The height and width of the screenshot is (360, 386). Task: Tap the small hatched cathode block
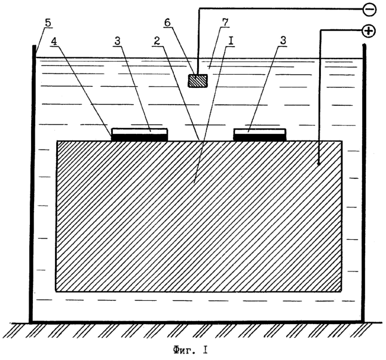[x=197, y=81]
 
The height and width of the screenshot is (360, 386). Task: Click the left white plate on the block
[x=140, y=132]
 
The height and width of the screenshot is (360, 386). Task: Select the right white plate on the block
[x=259, y=132]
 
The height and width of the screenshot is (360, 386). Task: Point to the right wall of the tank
[x=363, y=179]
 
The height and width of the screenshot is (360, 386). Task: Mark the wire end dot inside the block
[x=320, y=163]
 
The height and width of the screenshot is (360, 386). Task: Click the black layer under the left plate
[x=140, y=138]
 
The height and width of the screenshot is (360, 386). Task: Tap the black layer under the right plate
[x=259, y=138]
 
